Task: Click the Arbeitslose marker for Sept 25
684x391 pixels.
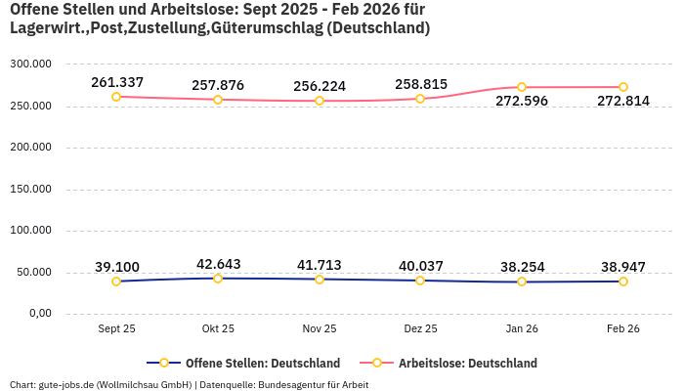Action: (x=116, y=96)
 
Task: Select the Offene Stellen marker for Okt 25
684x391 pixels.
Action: (x=218, y=279)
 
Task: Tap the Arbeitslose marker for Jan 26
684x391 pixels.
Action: (x=522, y=87)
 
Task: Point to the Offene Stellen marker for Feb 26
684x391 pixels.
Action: (x=623, y=282)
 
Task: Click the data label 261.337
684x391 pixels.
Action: (x=117, y=81)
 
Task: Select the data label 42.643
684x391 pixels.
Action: (x=219, y=264)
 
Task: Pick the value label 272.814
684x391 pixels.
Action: (x=623, y=101)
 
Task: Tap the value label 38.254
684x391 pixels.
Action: (x=522, y=267)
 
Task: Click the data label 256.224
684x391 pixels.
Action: (x=320, y=86)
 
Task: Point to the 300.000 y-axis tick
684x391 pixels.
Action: (x=31, y=64)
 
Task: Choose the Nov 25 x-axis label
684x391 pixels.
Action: (x=320, y=329)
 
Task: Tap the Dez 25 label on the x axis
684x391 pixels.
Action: (x=420, y=329)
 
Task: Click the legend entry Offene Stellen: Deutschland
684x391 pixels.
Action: (x=262, y=363)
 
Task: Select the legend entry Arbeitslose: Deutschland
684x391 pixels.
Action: (x=467, y=363)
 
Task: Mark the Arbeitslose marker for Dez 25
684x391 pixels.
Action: (x=420, y=99)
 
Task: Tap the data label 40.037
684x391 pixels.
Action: (x=421, y=266)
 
